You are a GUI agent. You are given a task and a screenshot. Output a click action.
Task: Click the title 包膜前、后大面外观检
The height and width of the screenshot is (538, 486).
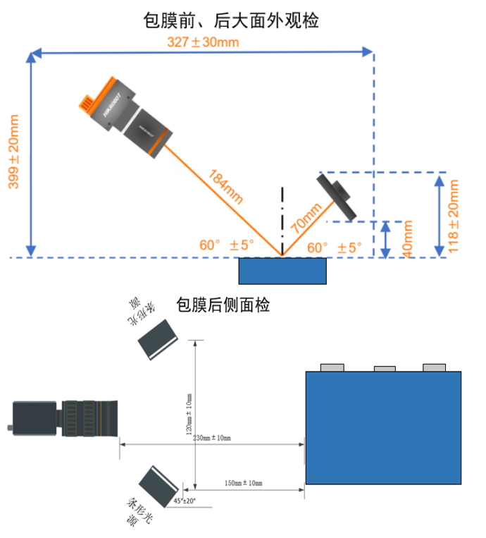pyautogui.click(x=230, y=21)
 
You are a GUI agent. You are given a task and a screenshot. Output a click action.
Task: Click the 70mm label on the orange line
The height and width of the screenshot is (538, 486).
pyautogui.click(x=305, y=218)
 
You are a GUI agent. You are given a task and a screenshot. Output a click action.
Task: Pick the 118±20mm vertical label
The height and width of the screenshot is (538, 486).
pyautogui.click(x=454, y=215)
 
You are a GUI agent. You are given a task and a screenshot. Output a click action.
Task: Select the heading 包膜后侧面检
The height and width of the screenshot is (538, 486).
pyautogui.click(x=222, y=305)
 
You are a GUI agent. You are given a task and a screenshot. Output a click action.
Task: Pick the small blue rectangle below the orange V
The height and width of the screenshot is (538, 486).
pyautogui.click(x=282, y=271)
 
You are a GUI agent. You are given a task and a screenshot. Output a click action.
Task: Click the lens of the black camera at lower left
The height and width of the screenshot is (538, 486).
pyautogui.click(x=91, y=419)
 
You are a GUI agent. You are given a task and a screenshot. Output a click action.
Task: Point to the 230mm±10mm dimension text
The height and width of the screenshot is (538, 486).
pyautogui.click(x=211, y=438)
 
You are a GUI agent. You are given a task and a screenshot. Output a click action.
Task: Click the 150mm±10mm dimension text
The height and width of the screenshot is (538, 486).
pyautogui.click(x=242, y=483)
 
